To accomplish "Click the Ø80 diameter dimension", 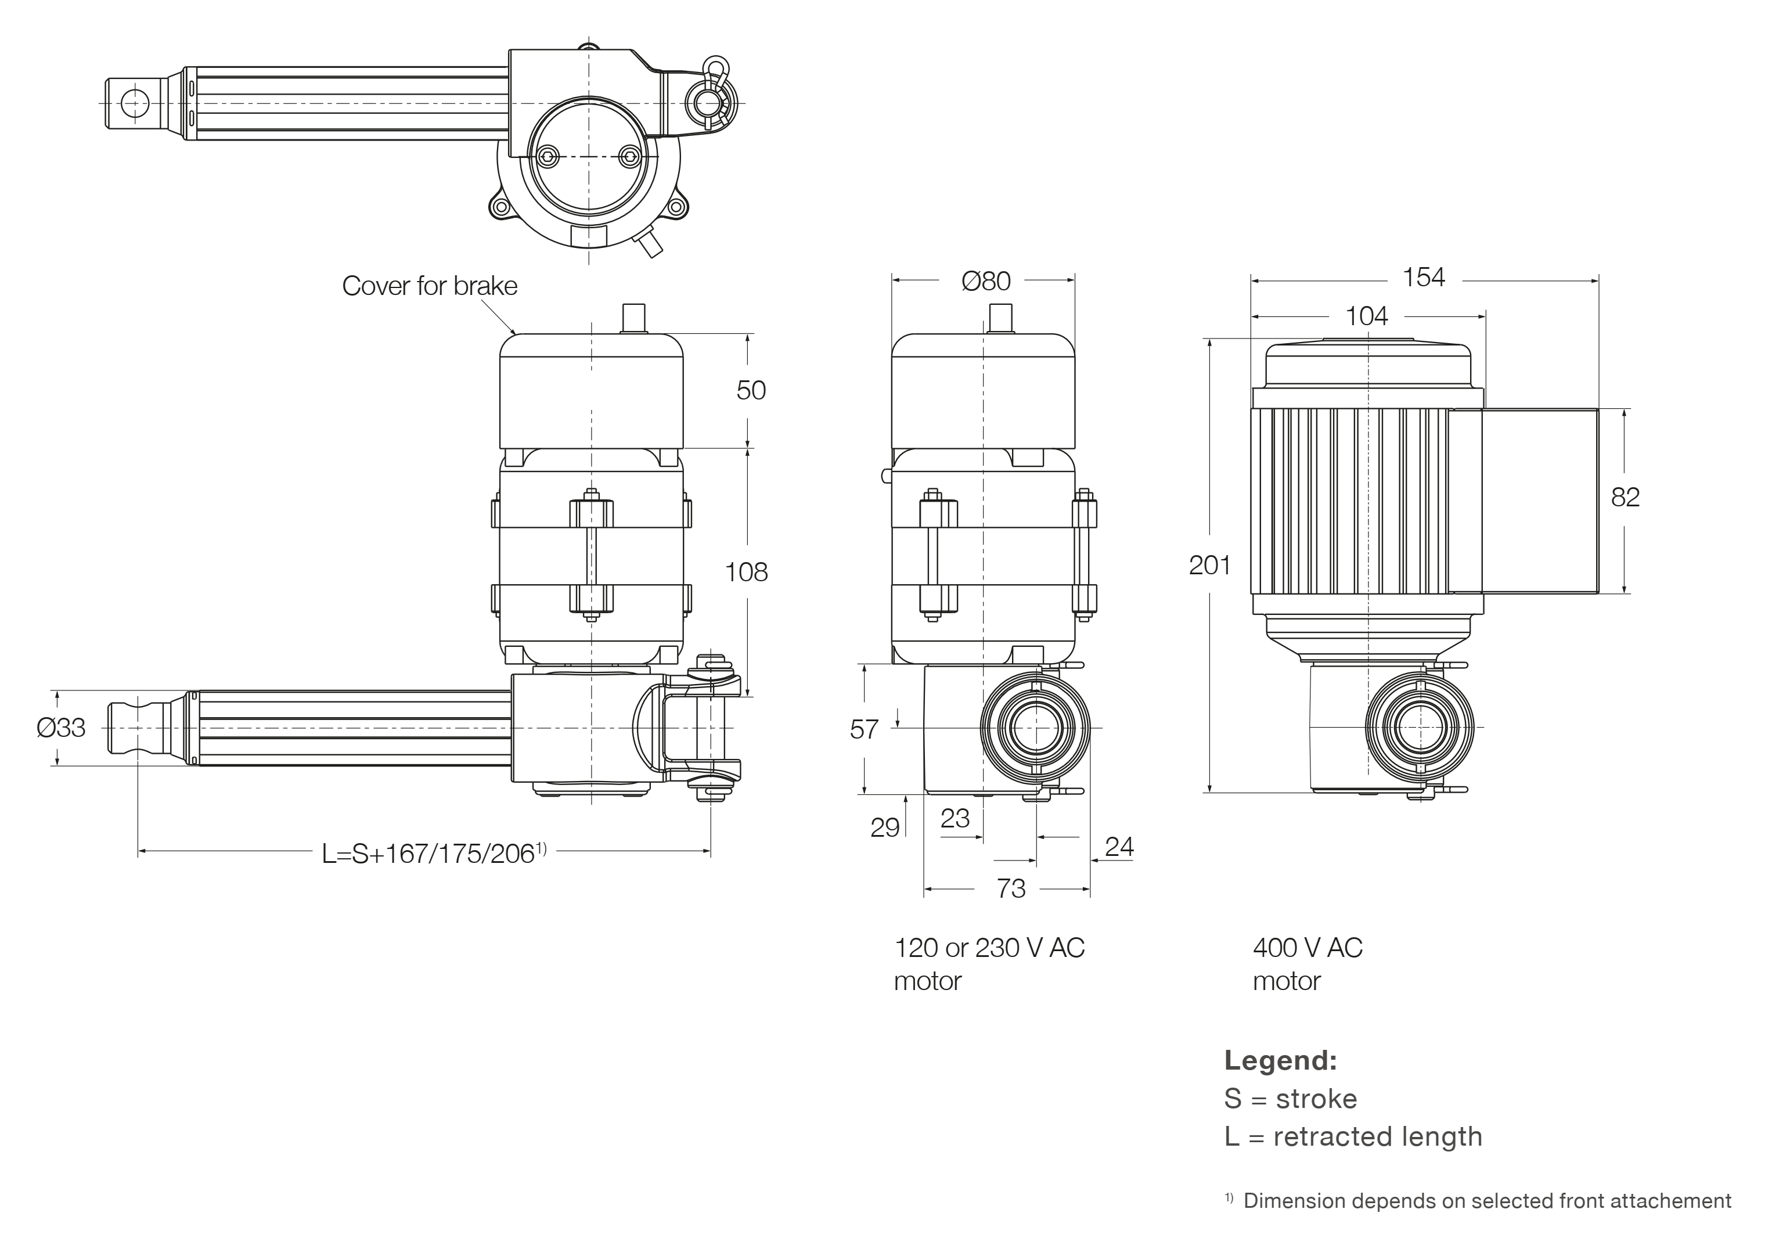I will click(985, 281).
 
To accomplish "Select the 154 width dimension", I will click(1423, 277).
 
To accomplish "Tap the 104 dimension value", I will click(1366, 316).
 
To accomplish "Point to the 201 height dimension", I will click(1209, 566).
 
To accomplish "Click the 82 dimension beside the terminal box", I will click(1625, 497).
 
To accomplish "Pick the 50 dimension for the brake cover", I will click(750, 391).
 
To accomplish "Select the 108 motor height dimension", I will click(746, 572).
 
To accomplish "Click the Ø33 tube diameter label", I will click(61, 728).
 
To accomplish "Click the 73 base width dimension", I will click(1010, 888).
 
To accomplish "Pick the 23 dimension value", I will click(955, 818).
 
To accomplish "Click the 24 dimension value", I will click(1119, 847).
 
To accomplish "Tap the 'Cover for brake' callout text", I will click(429, 286).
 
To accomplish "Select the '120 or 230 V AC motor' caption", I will click(989, 964).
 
